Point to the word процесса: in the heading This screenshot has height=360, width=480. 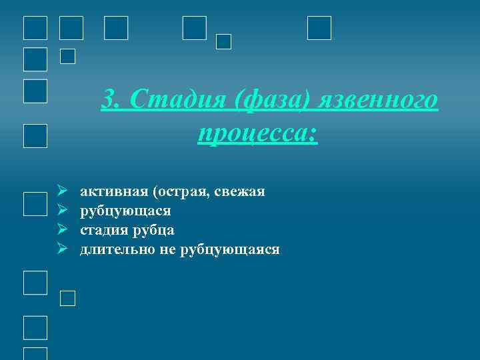[258, 133]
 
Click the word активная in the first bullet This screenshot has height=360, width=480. [113, 192]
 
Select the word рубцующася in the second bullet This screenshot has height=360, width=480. [125, 211]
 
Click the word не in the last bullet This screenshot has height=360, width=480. [167, 250]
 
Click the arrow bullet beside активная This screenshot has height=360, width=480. [61, 192]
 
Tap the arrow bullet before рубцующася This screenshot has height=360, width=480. [61, 211]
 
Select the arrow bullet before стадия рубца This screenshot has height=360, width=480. [61, 231]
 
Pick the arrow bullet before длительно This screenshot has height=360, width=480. [61, 250]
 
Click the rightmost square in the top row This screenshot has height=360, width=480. [319, 28]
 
